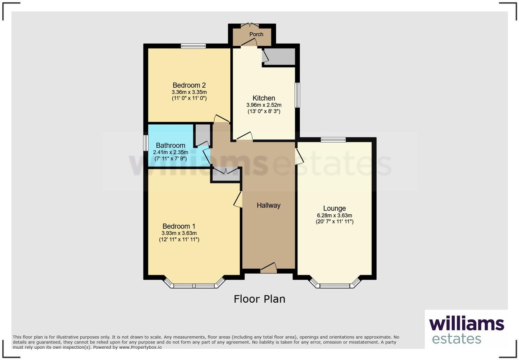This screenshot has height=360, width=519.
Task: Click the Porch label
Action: click(x=256, y=34)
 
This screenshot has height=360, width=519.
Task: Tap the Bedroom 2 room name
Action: click(x=189, y=85)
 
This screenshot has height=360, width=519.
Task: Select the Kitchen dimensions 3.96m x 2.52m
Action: click(x=264, y=105)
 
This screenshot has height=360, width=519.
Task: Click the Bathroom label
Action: click(x=170, y=145)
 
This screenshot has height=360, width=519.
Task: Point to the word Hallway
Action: click(x=268, y=205)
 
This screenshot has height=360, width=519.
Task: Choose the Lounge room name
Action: click(x=334, y=209)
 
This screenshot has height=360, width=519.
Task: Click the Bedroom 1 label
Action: click(x=179, y=226)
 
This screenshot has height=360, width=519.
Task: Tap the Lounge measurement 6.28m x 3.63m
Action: click(x=334, y=215)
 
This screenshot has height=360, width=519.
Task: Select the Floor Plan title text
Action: click(x=259, y=299)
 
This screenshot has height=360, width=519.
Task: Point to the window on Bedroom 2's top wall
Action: click(x=193, y=46)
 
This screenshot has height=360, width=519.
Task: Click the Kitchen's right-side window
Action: click(x=298, y=95)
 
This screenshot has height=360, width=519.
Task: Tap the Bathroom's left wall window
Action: click(x=146, y=143)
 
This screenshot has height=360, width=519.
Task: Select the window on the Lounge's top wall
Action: click(x=333, y=139)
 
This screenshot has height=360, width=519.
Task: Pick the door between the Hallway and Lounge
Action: click(x=299, y=156)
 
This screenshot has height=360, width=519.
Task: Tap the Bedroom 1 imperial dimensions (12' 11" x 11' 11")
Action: click(x=179, y=239)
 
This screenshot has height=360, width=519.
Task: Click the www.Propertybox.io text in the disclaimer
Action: click(x=140, y=347)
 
